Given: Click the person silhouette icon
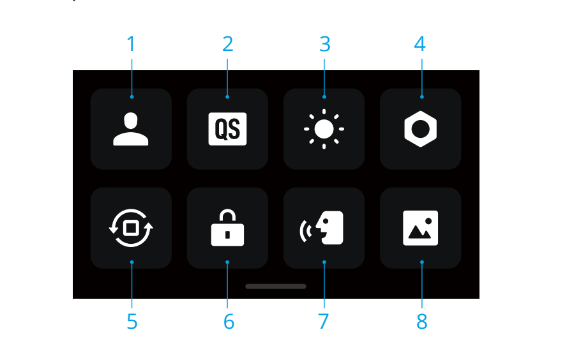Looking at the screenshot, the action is point(131,130).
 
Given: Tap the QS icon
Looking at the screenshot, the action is point(227,129).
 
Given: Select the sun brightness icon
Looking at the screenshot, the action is point(324,129).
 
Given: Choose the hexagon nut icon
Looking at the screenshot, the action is point(421,129).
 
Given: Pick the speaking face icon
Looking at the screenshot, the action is point(322,228).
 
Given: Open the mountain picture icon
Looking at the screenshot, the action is point(421,228).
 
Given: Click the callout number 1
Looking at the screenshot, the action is point(131,44).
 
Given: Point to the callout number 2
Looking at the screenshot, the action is point(228,44).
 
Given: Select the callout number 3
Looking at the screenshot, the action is point(325,44).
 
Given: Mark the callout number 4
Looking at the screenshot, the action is point(420,44).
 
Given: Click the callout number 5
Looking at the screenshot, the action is point(132,322).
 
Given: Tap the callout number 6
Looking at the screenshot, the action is point(229,322).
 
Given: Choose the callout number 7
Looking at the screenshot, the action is point(324,322).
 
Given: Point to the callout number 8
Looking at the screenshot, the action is point(421,322).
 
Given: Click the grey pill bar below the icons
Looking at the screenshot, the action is point(276,287).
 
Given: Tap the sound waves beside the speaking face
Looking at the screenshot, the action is point(305,230).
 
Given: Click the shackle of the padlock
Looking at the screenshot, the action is point(227,216).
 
